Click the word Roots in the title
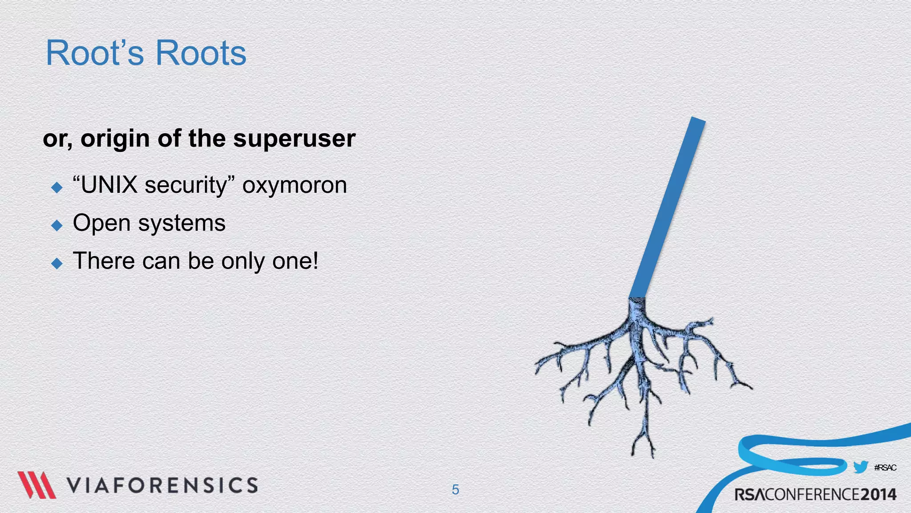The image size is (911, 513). tap(201, 53)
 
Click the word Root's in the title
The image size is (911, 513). tap(95, 53)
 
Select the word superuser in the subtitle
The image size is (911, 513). tap(294, 138)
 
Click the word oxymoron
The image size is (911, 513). tap(294, 186)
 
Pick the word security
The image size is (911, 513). tap(186, 186)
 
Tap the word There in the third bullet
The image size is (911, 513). tap(104, 261)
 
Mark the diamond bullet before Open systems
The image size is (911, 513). tap(57, 225)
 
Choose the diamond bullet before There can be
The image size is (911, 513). tap(57, 263)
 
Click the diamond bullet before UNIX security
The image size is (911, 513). tap(57, 187)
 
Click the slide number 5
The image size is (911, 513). tap(455, 489)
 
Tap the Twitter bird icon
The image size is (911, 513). tap(860, 467)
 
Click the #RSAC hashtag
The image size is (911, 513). tap(885, 468)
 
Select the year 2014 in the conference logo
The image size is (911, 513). tap(878, 494)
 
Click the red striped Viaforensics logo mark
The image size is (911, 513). tap(36, 484)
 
